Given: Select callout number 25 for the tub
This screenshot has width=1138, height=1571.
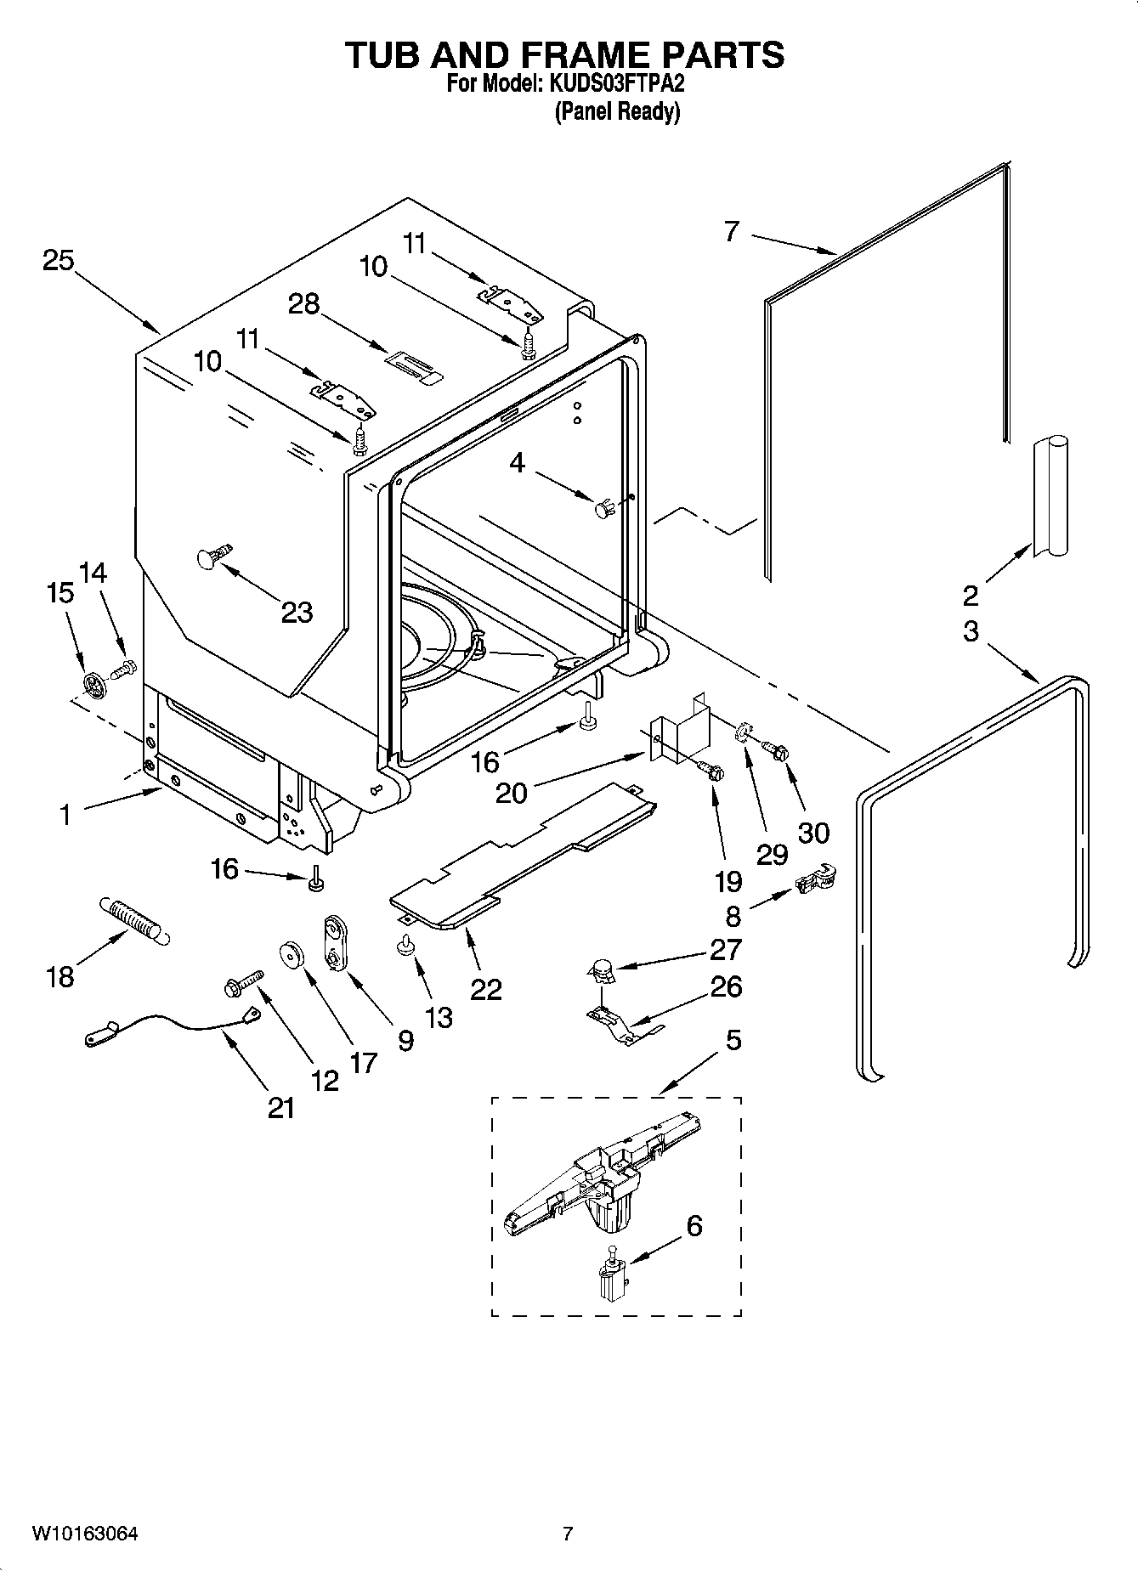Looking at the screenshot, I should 59,260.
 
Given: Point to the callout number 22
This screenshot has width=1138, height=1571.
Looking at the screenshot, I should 486,989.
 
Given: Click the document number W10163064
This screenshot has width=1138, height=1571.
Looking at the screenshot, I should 85,1534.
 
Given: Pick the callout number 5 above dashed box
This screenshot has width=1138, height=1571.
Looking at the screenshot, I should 733,1039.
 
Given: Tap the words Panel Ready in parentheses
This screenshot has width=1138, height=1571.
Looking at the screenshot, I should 617,111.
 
